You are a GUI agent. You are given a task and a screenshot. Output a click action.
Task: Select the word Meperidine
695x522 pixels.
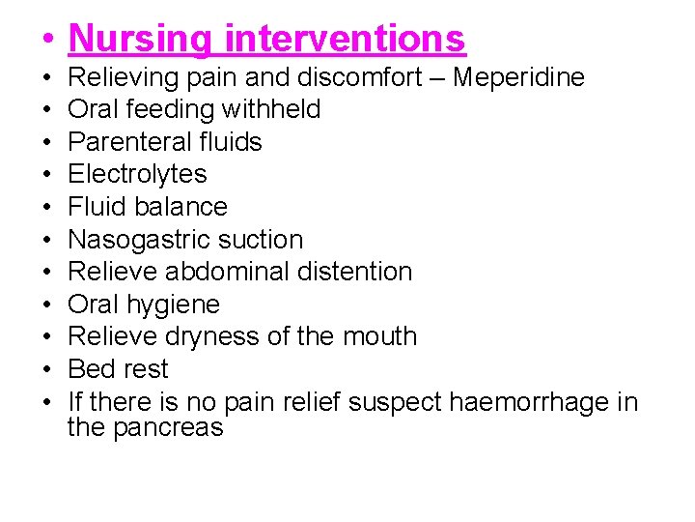pyautogui.click(x=518, y=77)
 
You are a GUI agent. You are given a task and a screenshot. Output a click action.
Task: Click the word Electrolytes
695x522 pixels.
pyautogui.click(x=137, y=174)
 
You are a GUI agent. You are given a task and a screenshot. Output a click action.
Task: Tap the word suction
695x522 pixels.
pyautogui.click(x=265, y=240)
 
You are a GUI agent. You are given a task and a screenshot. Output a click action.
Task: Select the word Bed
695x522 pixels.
pyautogui.click(x=90, y=369)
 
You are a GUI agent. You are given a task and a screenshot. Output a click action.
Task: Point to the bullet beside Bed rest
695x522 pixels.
pyautogui.click(x=47, y=370)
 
